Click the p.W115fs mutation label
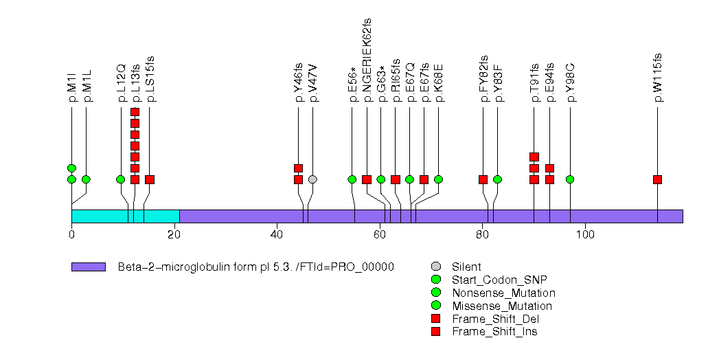[x=658, y=78]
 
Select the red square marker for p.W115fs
[x=657, y=179]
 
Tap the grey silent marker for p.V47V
[x=312, y=179]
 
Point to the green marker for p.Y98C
[x=569, y=179]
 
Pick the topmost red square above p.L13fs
[x=135, y=112]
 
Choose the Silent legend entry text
[x=466, y=267]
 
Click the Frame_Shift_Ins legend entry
[x=494, y=332]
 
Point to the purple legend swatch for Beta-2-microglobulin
[x=88, y=267]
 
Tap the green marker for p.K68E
[x=438, y=179]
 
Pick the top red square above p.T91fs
[x=534, y=157]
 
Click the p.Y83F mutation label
[x=498, y=82]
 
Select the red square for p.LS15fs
[x=150, y=179]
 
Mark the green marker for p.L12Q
[x=120, y=179]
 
